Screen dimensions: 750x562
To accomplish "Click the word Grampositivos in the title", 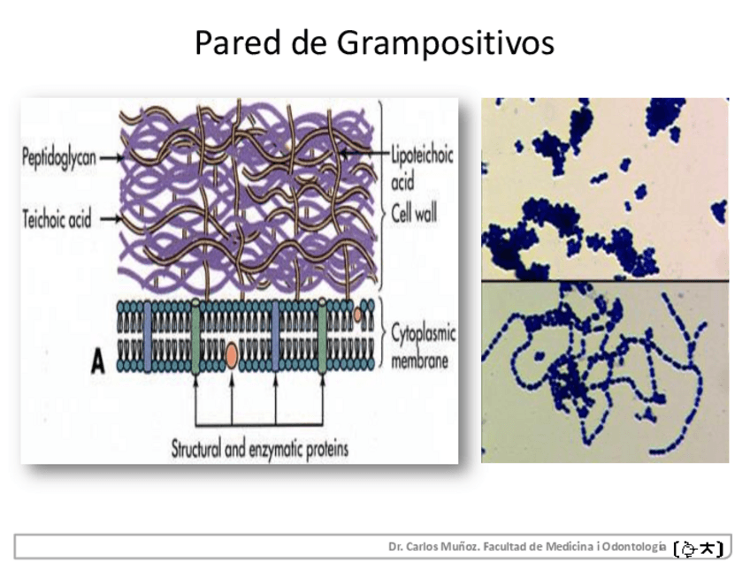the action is coord(446,43).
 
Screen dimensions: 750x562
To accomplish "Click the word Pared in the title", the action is coord(237,42).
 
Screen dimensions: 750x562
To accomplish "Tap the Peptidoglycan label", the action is coord(59,157).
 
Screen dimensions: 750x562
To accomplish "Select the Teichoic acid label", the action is coord(57,219).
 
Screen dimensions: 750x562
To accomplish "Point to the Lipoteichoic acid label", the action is coord(421,167).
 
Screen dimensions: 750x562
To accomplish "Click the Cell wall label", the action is coord(414,213).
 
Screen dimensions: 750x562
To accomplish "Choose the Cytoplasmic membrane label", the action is coord(423,346).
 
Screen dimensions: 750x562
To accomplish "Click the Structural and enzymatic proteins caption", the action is coord(260,449).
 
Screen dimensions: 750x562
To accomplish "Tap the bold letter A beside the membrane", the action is coord(97,361).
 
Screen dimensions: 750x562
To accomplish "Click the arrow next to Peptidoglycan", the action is coord(111,157).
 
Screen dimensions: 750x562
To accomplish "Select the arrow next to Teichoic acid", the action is coord(111,219).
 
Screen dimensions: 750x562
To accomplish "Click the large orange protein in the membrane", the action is coord(232,355).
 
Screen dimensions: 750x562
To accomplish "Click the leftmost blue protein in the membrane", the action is coord(148,337).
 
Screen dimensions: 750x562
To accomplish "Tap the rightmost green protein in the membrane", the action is coord(323,336).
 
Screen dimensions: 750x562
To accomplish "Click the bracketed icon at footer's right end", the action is coord(699,549).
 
